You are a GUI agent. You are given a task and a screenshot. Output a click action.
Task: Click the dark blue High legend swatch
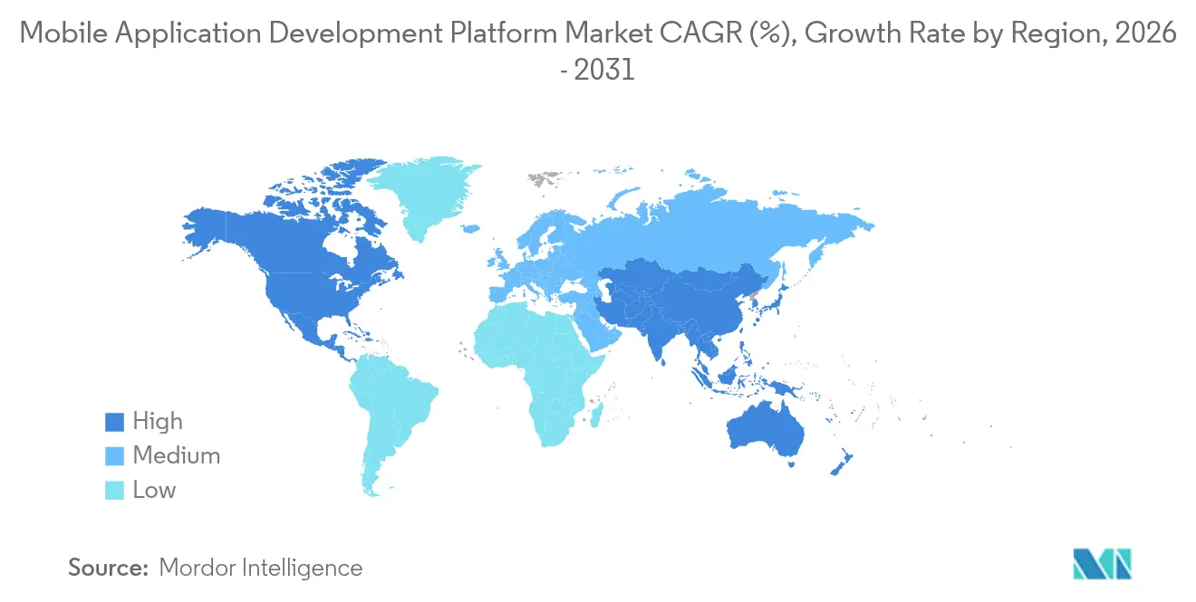click(114, 422)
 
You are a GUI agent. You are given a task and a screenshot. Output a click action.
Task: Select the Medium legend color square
click(114, 456)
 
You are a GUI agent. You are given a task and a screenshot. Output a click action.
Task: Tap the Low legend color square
click(114, 491)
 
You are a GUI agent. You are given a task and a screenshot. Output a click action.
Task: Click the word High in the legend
click(158, 422)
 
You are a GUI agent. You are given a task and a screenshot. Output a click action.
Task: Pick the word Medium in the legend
click(177, 456)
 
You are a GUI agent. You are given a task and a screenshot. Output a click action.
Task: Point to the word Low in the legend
click(154, 491)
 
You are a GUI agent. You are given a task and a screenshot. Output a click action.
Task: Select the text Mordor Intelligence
click(260, 568)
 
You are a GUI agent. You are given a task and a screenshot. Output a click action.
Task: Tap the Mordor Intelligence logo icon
click(1102, 563)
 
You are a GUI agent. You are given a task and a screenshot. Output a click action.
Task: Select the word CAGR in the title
click(693, 35)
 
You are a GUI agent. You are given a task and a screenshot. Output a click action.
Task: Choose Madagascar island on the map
click(597, 417)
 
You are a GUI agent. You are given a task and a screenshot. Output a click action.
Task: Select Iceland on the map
click(470, 230)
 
